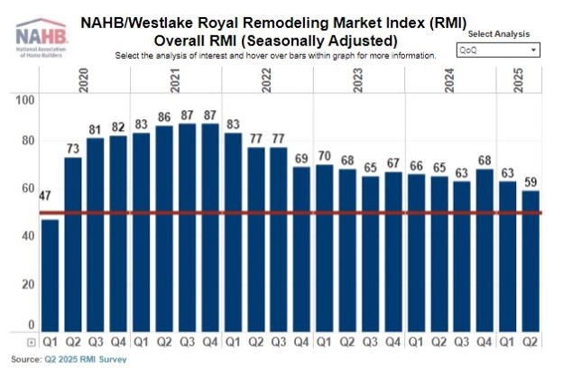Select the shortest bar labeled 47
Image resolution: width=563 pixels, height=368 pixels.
(50, 275)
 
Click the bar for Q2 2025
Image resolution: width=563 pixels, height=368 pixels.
(531, 261)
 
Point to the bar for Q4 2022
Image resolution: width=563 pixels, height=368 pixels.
(301, 249)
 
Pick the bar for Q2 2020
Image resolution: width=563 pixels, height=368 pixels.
(73, 244)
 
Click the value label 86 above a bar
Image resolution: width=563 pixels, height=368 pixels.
(164, 117)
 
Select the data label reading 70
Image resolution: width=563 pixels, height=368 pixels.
(324, 155)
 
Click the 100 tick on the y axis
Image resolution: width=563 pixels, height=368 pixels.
(25, 99)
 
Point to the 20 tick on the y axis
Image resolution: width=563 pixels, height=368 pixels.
(29, 283)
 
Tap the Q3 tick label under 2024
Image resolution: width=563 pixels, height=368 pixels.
(462, 343)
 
